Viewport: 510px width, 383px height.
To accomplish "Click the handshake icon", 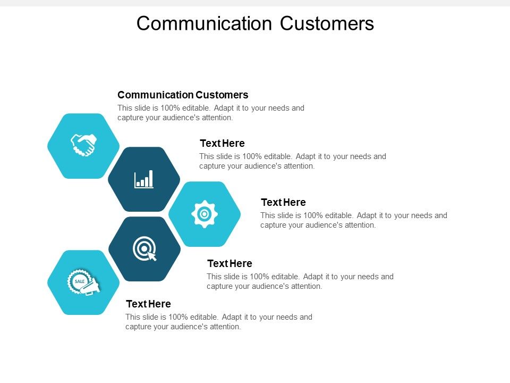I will (x=83, y=145).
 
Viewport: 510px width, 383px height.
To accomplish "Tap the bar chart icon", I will (x=144, y=179).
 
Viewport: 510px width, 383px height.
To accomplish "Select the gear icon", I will (x=205, y=214).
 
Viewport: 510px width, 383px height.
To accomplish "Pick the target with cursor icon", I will (x=144, y=249).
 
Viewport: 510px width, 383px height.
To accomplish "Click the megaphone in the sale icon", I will (x=91, y=287).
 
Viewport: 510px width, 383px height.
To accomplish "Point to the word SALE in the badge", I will (x=80, y=280).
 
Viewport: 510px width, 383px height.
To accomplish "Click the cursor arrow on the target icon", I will (x=152, y=256).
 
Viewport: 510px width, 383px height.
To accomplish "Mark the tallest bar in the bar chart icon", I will (x=150, y=178).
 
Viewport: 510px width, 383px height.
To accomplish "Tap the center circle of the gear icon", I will (x=205, y=214).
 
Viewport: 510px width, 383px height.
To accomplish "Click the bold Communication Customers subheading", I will (x=183, y=95).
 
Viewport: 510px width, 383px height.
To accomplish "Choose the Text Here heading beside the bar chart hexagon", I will (x=222, y=143).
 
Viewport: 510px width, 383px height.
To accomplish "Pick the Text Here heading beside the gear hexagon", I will (x=283, y=202).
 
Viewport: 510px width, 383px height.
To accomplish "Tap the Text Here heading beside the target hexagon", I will (x=229, y=263).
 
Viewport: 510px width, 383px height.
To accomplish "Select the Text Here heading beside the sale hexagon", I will (x=148, y=304).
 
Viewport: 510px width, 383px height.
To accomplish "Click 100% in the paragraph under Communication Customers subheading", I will (x=171, y=108).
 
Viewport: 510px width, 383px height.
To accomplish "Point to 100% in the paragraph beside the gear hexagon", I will (x=314, y=215).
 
